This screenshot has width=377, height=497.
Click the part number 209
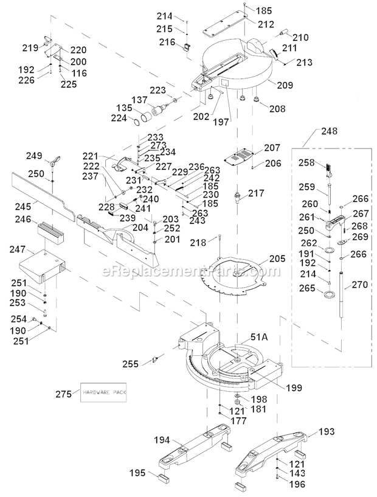pyautogui.click(x=285, y=86)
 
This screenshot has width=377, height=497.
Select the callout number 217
pyautogui.click(x=257, y=193)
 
